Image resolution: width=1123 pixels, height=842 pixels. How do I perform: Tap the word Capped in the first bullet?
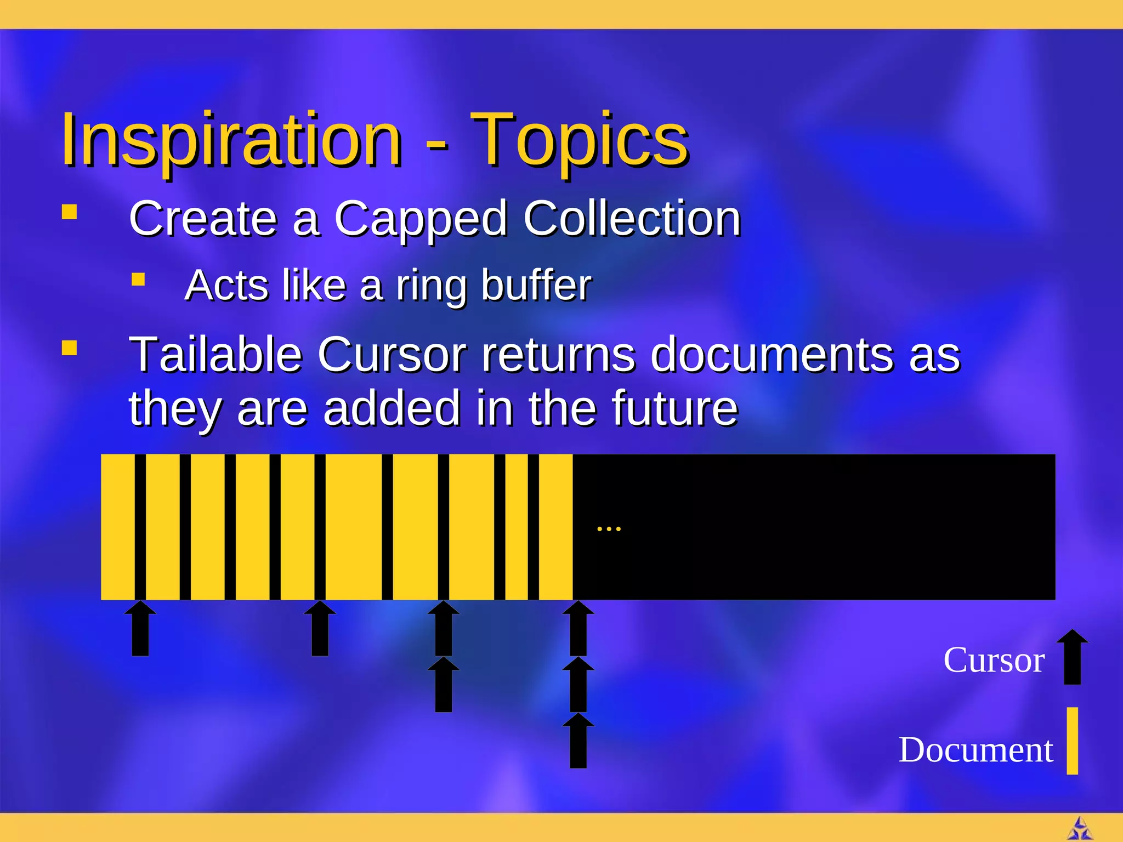[421, 219]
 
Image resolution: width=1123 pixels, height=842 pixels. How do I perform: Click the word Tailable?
[215, 355]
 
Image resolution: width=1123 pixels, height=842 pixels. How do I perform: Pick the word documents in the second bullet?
[772, 355]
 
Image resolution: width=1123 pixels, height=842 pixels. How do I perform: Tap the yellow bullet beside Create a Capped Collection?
[69, 212]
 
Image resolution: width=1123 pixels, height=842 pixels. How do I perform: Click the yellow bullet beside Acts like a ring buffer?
[138, 280]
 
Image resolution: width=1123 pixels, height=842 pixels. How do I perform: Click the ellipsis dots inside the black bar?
[609, 529]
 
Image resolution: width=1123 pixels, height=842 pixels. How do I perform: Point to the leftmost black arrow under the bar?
[140, 629]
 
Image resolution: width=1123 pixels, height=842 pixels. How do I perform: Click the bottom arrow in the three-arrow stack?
[578, 741]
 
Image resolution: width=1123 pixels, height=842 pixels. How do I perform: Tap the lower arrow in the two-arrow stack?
[443, 685]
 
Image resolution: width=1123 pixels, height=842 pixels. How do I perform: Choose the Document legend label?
[975, 749]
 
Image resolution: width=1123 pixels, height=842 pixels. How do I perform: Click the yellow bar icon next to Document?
[1072, 741]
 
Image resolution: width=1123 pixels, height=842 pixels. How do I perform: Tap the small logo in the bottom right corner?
[1080, 829]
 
